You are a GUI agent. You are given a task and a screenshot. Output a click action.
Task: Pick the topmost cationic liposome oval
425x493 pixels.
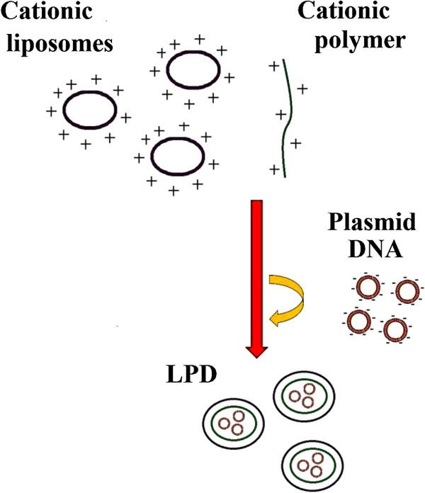193,72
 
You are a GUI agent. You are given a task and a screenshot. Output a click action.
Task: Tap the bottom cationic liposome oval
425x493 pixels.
177,157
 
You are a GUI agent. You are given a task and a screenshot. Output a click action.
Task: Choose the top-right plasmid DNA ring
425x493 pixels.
407,290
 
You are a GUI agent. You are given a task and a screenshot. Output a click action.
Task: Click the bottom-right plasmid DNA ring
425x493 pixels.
395,329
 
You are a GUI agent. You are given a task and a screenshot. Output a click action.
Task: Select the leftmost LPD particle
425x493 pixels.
233,424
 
